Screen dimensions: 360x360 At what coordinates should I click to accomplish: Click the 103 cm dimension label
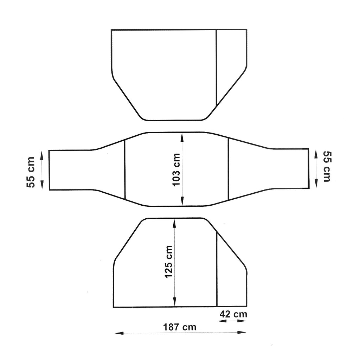tap(176, 170)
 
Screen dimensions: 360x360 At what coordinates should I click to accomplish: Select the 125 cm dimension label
tap(168, 262)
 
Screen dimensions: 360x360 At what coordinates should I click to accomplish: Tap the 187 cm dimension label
tap(180, 327)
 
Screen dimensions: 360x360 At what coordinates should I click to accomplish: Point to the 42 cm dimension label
tap(233, 314)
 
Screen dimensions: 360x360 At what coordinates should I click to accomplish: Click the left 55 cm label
tap(31, 172)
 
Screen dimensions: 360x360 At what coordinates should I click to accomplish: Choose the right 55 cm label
tap(327, 166)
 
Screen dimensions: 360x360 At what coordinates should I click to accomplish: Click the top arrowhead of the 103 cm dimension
tap(182, 137)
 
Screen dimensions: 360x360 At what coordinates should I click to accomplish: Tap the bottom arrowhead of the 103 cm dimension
tap(182, 201)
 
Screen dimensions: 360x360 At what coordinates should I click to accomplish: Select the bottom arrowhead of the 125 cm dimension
tap(174, 302)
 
